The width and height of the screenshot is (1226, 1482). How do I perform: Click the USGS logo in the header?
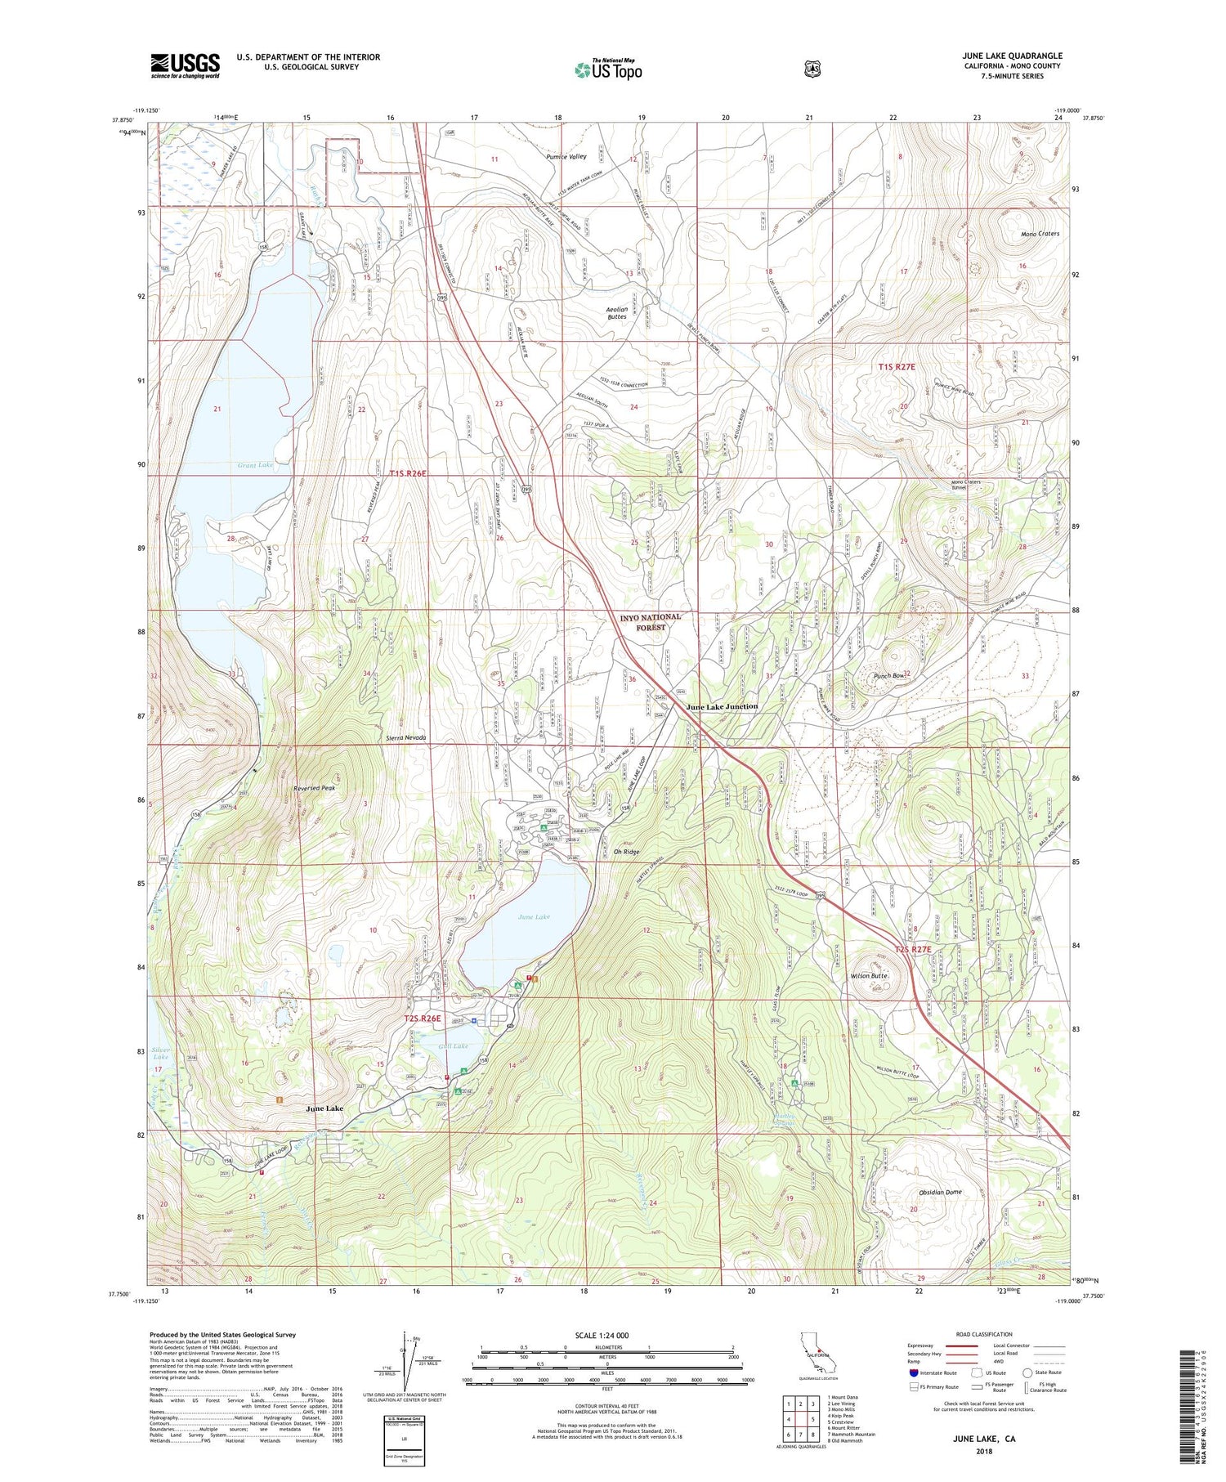click(x=185, y=65)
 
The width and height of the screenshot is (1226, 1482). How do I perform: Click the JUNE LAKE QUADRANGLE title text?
click(x=1013, y=56)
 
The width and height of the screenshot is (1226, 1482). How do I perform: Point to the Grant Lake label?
click(x=255, y=465)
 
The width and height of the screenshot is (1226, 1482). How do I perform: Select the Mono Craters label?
click(x=1040, y=234)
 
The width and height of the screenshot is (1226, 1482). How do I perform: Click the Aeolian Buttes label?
click(x=617, y=312)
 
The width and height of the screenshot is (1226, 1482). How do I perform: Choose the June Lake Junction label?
click(x=722, y=706)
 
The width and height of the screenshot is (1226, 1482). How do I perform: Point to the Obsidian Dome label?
click(x=940, y=1192)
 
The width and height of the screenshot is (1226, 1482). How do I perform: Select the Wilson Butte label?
click(x=869, y=976)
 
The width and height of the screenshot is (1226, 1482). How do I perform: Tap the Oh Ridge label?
click(x=626, y=852)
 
